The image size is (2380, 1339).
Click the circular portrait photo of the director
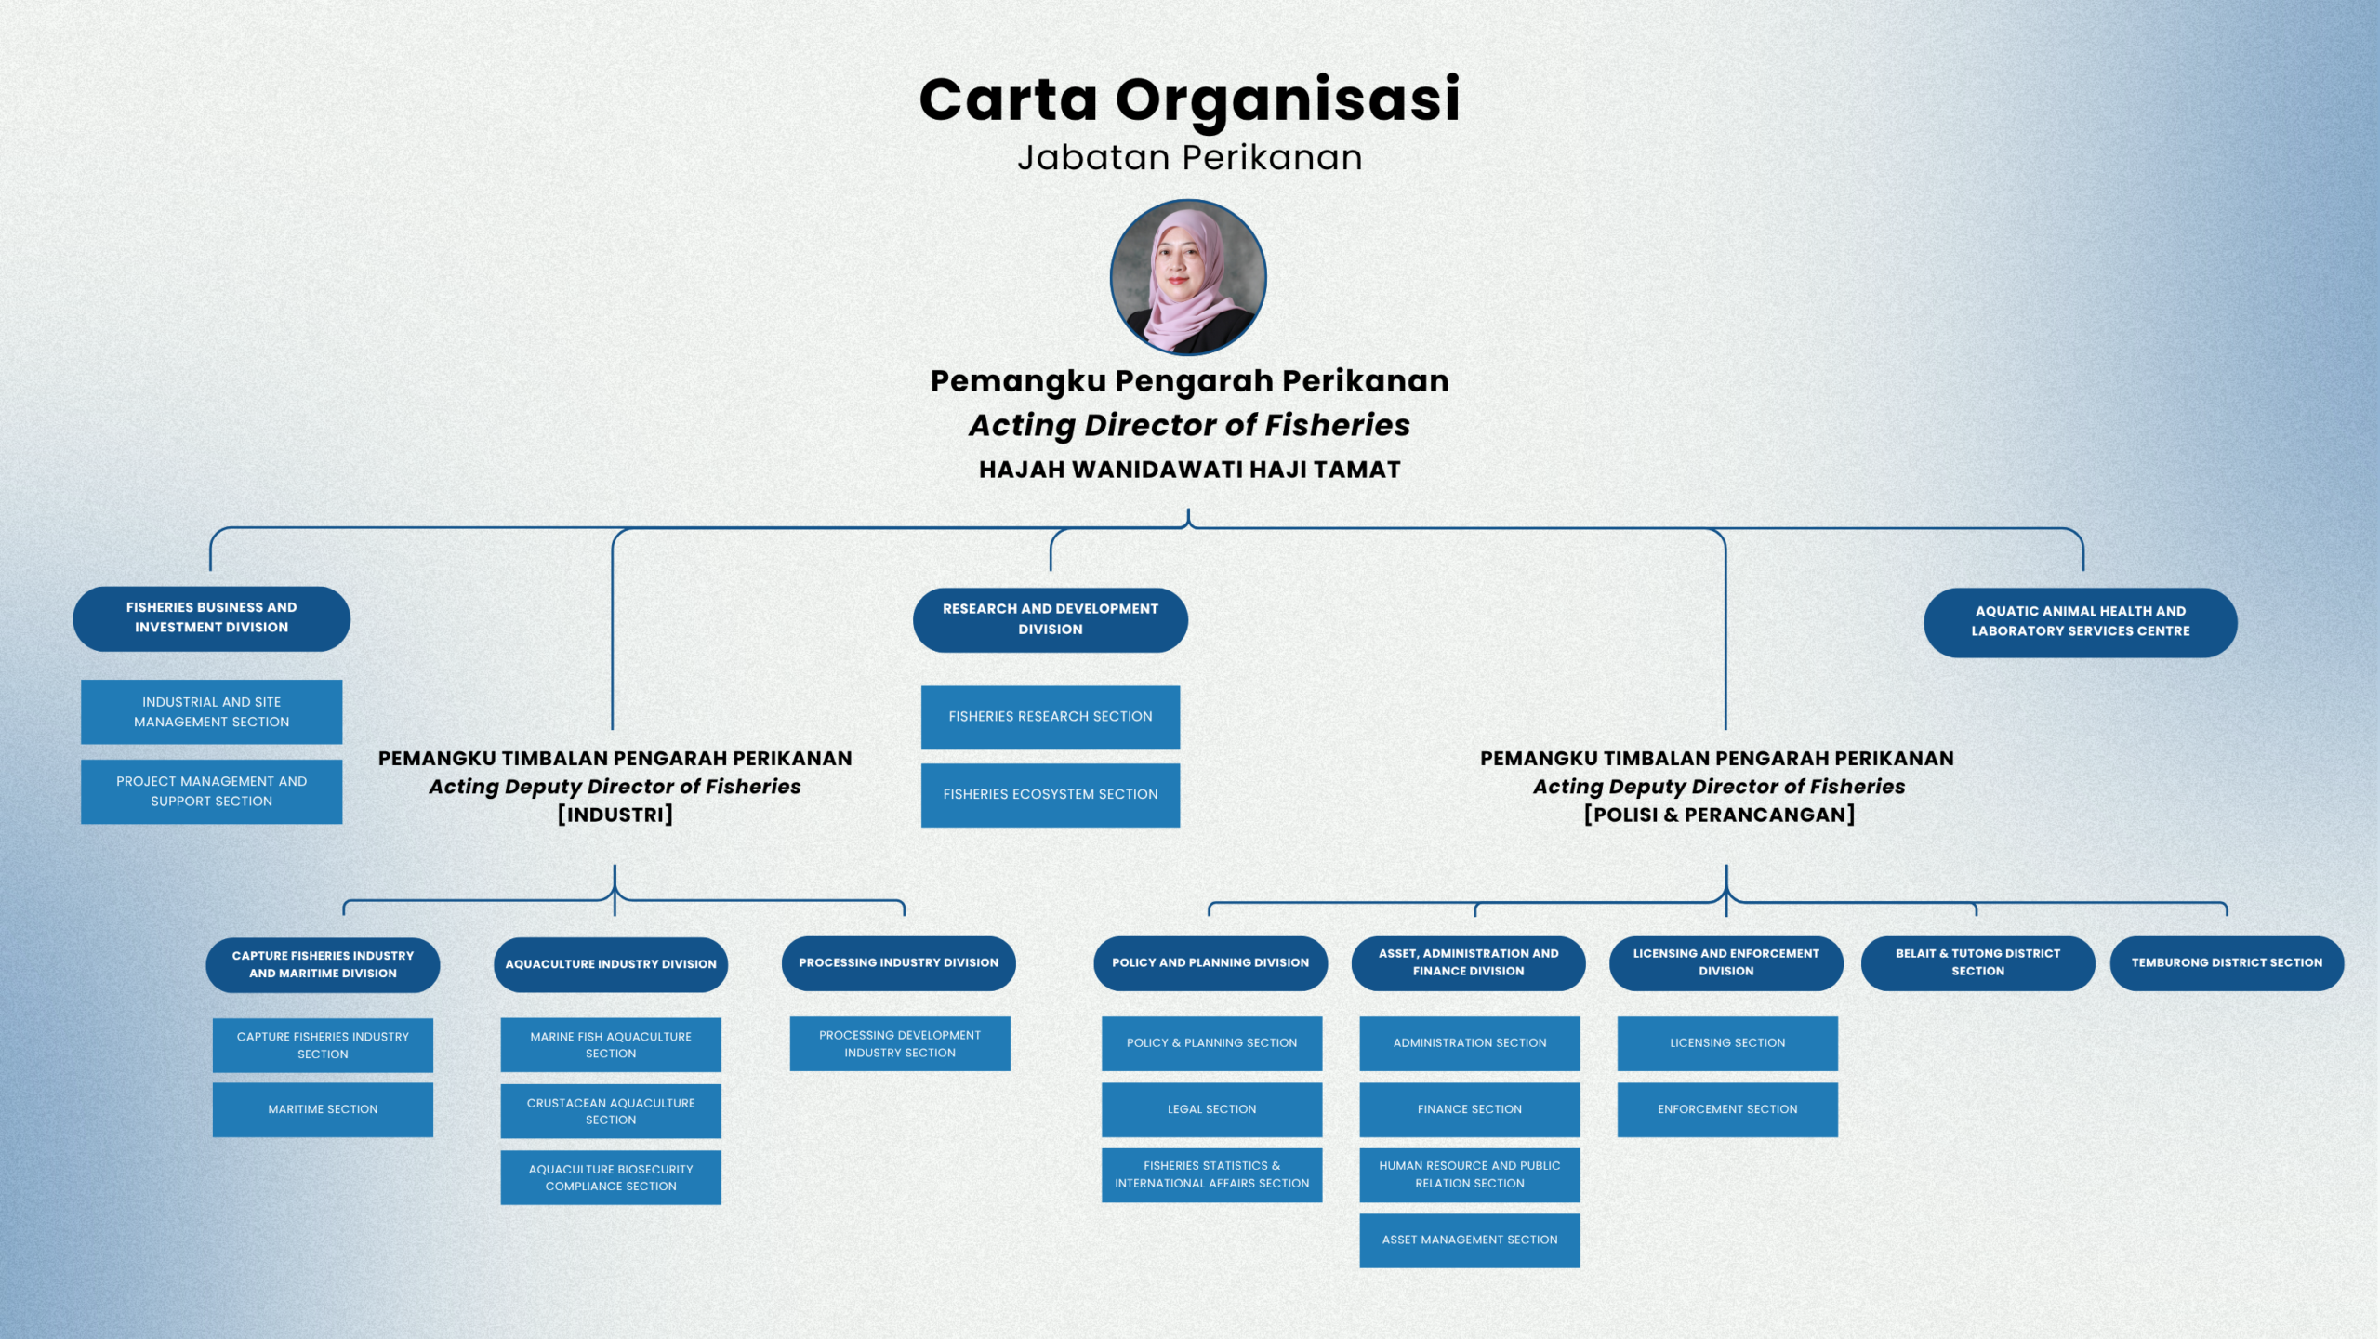tap(1188, 277)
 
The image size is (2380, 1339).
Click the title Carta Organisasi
tap(1189, 99)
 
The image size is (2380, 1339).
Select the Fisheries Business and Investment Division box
tap(212, 618)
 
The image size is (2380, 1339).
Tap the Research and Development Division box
tap(1051, 619)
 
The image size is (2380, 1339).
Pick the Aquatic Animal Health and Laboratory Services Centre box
tap(2081, 622)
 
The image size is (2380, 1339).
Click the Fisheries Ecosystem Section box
tap(1051, 795)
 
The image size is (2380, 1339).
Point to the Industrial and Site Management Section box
tap(212, 712)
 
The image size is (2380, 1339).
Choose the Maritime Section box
tap(323, 1109)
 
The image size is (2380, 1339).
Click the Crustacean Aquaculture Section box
tap(611, 1111)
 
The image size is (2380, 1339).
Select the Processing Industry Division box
tap(899, 963)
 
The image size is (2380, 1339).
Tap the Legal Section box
tap(1212, 1109)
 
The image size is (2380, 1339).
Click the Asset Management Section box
tap(1470, 1240)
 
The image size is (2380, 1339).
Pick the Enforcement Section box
tap(1727, 1109)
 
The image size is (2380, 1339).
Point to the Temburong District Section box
tap(2228, 963)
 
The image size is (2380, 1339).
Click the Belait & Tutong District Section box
tap(1978, 963)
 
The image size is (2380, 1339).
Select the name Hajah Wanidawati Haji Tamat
tap(1190, 470)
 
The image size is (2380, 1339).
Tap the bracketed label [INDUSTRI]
tap(615, 815)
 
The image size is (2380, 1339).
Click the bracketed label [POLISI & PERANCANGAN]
tap(1720, 815)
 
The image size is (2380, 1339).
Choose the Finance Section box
tap(1470, 1109)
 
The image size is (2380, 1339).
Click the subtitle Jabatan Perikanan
tap(1190, 157)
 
